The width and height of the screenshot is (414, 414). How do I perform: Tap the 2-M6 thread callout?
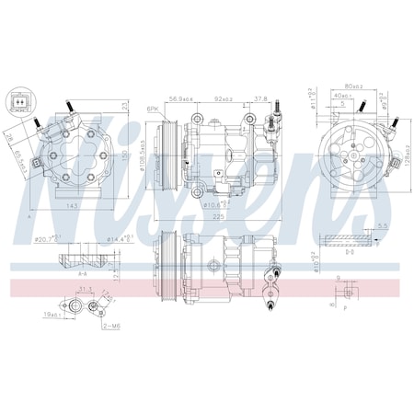[x=113, y=326]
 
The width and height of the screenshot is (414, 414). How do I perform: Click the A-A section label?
[x=84, y=273]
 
